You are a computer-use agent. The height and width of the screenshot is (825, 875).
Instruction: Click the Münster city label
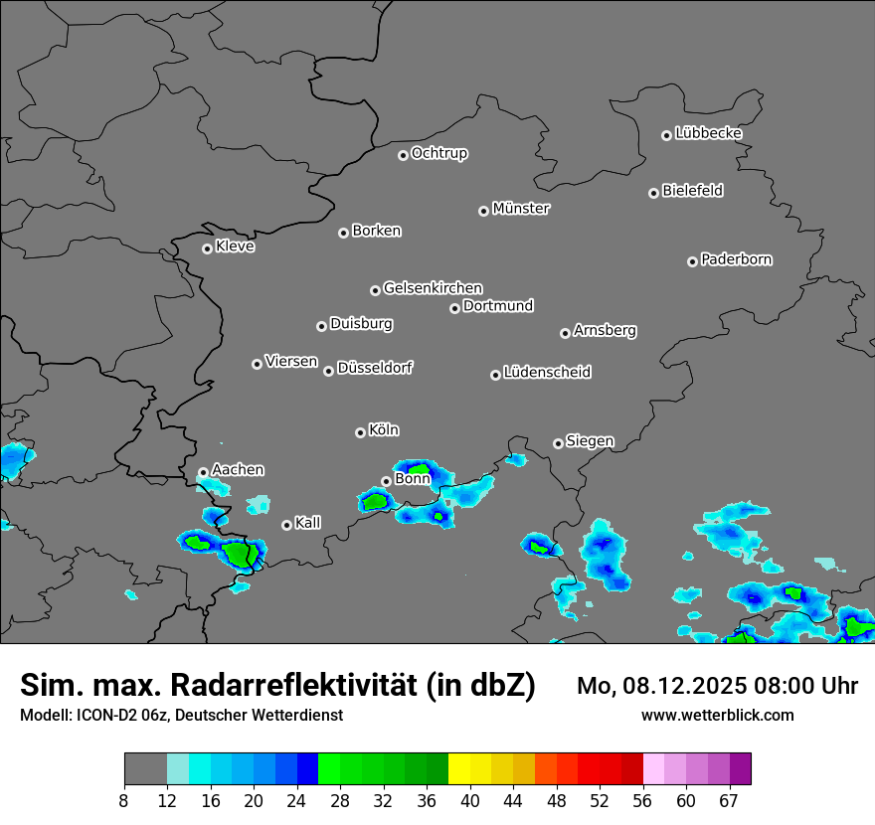click(x=521, y=209)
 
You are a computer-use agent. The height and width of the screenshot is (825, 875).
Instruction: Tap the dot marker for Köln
click(x=360, y=432)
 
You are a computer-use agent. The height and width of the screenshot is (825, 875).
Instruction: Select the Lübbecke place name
click(x=708, y=133)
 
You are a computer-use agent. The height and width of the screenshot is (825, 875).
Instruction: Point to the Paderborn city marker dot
click(x=692, y=261)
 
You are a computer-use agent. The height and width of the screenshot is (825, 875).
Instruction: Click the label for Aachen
click(x=238, y=470)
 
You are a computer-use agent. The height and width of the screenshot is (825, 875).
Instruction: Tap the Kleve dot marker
click(x=207, y=248)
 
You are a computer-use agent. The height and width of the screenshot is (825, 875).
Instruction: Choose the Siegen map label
click(x=590, y=441)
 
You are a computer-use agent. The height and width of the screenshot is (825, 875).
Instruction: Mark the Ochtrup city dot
click(x=403, y=155)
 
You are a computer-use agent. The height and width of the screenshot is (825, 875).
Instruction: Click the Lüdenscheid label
click(x=547, y=373)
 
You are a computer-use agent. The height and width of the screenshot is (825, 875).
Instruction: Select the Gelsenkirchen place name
click(x=433, y=288)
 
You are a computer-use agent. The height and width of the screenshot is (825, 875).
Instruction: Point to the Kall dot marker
click(x=286, y=525)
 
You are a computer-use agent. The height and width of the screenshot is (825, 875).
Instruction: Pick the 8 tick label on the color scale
click(x=124, y=801)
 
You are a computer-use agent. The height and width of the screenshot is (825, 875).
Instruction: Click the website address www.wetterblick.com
click(x=717, y=716)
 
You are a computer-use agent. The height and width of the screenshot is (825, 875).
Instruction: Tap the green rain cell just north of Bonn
click(x=418, y=469)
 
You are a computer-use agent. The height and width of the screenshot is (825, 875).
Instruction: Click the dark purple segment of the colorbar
click(x=740, y=769)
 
